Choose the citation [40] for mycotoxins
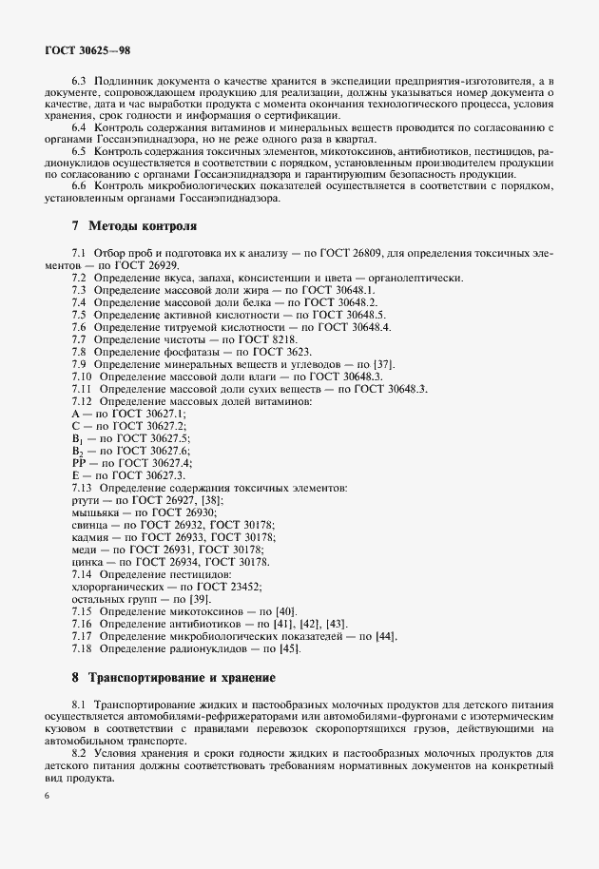pos(285,611)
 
